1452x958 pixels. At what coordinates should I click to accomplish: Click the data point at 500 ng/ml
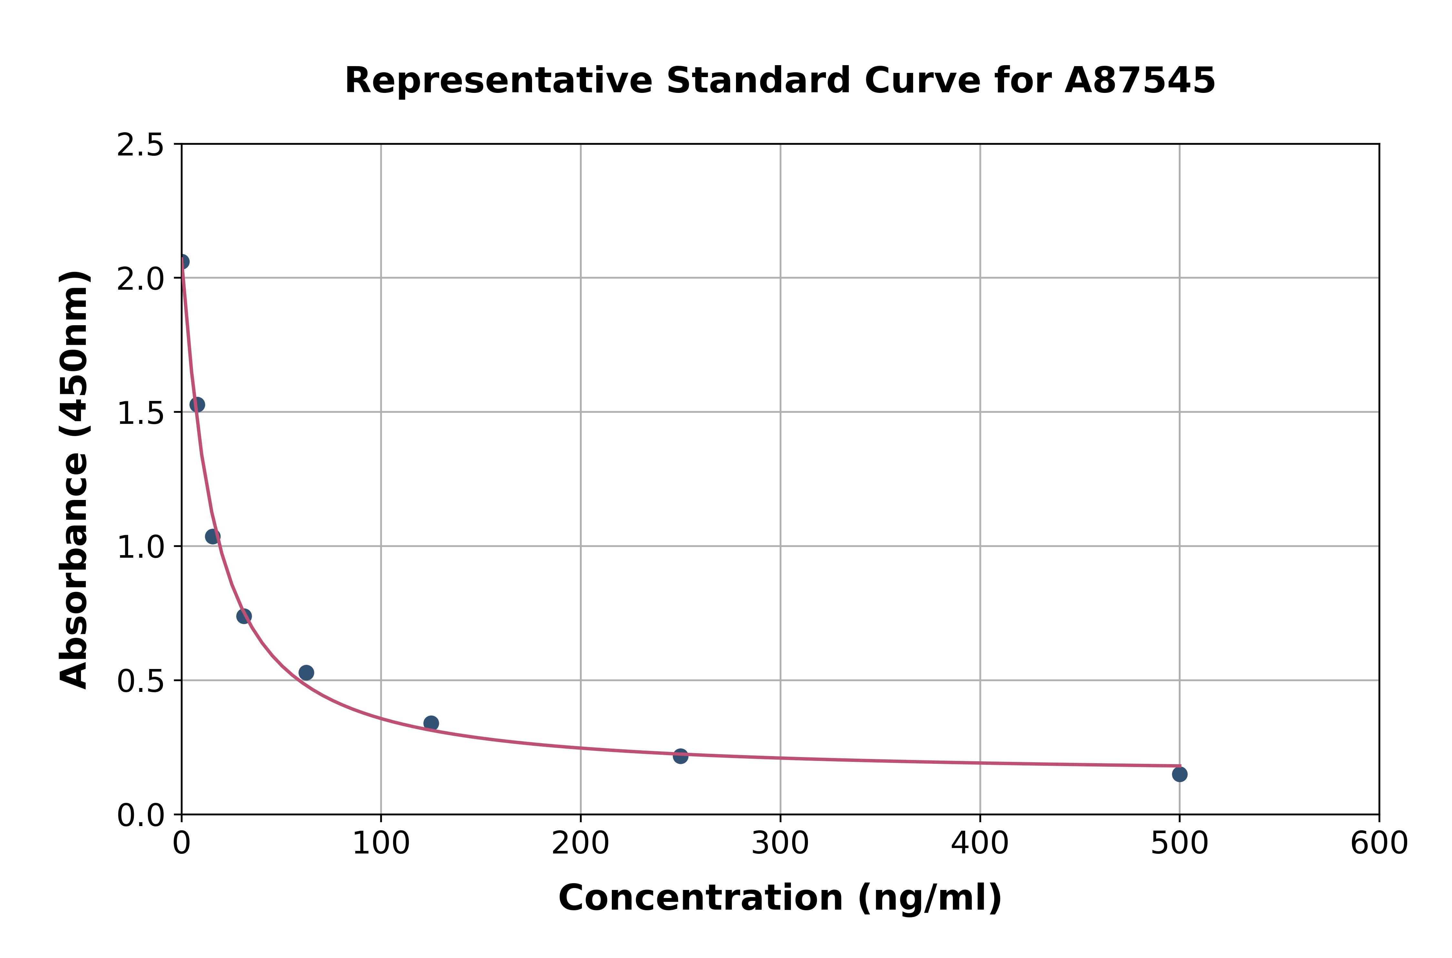point(1179,774)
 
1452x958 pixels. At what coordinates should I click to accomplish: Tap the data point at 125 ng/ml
point(431,723)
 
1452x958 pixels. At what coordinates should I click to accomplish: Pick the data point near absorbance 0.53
point(306,673)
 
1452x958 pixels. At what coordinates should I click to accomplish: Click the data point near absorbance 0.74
point(244,616)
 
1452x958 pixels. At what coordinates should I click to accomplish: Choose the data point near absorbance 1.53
point(197,404)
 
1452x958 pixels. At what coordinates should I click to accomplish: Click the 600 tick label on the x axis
point(1379,844)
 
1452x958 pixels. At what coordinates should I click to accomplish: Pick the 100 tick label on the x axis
point(381,844)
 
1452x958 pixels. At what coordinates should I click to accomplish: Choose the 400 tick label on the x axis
point(980,844)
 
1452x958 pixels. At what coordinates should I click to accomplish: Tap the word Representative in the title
point(499,81)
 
